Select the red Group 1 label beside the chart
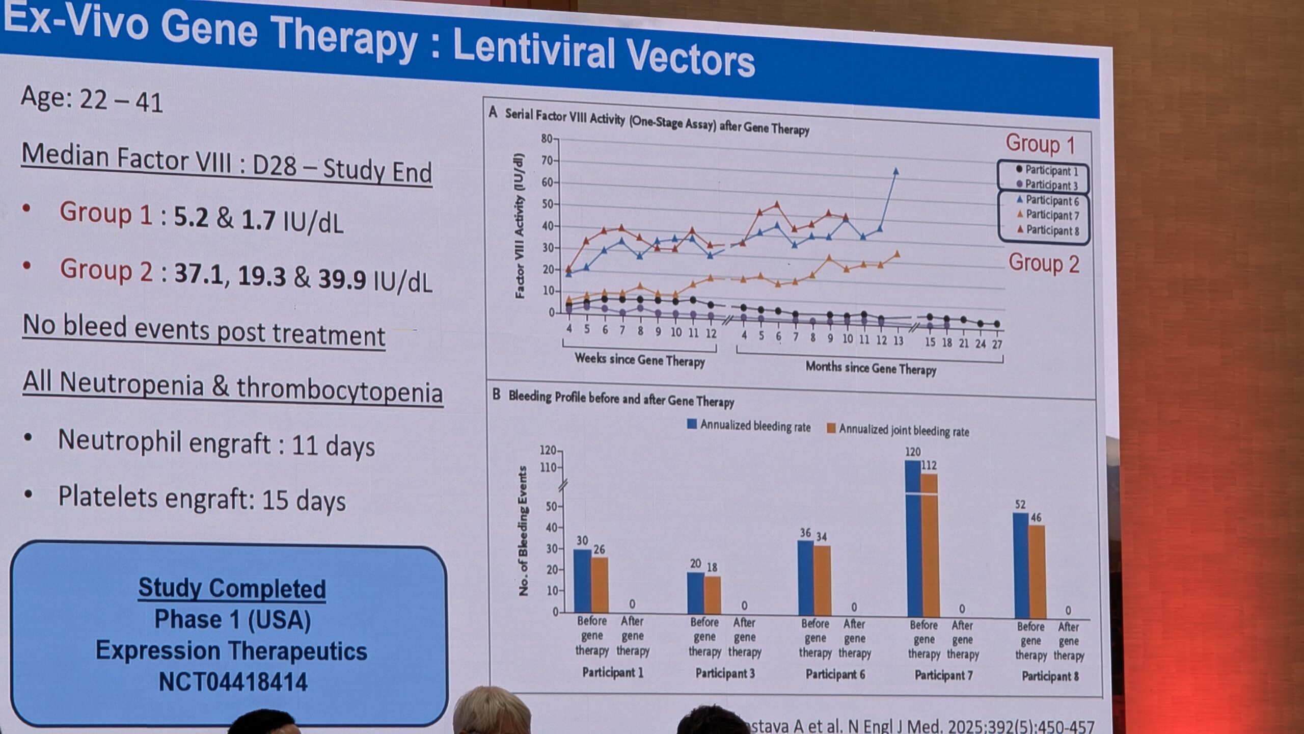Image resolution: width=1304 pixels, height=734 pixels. click(x=1040, y=144)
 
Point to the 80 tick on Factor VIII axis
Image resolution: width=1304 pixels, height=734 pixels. click(x=547, y=138)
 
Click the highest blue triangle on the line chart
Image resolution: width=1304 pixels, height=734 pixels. click(x=896, y=171)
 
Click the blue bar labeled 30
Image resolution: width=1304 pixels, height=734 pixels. click(x=582, y=581)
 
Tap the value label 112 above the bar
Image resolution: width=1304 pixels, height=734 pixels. click(x=929, y=465)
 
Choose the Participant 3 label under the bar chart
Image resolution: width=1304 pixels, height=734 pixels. click(x=725, y=673)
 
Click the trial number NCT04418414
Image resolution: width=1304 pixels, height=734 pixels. click(x=233, y=682)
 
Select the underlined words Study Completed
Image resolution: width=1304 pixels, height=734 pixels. click(x=232, y=588)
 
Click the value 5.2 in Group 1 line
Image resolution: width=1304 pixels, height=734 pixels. click(x=191, y=217)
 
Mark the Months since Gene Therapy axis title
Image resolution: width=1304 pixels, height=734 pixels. click(x=871, y=368)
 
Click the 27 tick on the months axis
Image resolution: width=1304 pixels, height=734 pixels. click(x=997, y=345)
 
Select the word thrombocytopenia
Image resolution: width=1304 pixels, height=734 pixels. click(x=339, y=391)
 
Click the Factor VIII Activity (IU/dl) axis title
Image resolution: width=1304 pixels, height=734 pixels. click(x=519, y=225)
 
